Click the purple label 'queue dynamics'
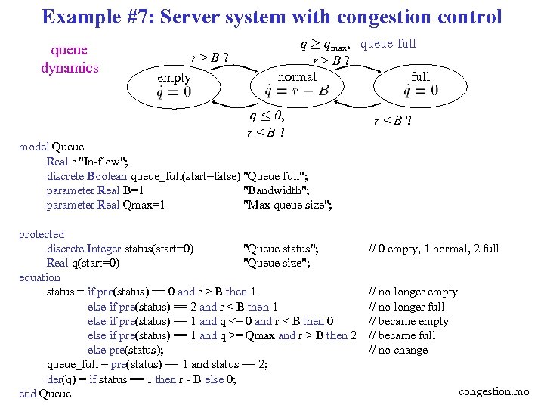[70, 59]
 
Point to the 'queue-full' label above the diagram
[388, 44]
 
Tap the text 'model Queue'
[51, 147]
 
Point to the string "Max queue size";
[288, 205]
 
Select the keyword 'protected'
[42, 234]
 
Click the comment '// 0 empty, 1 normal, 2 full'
[434, 249]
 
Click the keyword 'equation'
[39, 277]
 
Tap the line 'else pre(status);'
[125, 350]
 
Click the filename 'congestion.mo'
[496, 391]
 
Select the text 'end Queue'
[45, 394]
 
